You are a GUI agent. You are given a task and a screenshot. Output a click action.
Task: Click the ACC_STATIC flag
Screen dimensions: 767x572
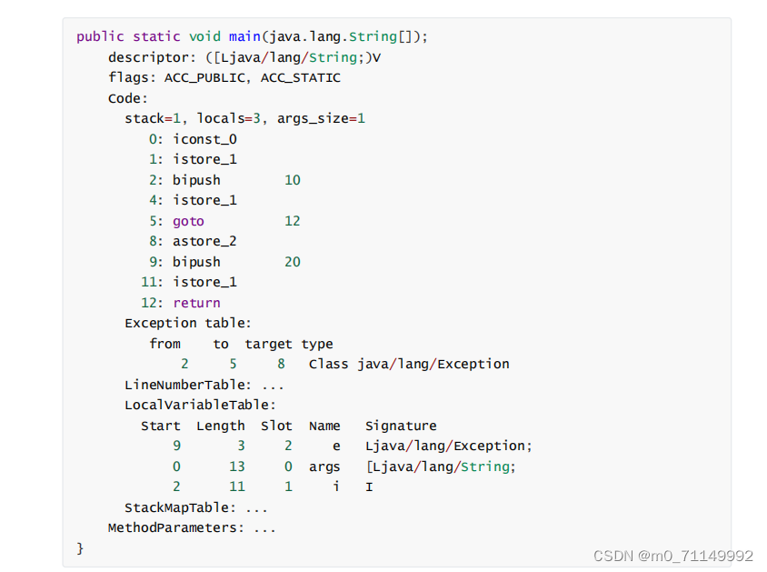tap(301, 77)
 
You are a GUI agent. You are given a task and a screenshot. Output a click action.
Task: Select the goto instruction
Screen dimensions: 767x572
tap(188, 221)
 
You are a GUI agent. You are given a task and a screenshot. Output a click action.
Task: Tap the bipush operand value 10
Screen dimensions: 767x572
tap(292, 180)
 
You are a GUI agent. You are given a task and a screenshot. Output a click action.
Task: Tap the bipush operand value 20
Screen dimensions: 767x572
tap(292, 262)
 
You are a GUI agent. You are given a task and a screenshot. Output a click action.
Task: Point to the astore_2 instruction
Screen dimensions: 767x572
tap(204, 241)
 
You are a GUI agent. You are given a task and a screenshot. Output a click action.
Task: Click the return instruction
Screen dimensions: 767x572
tap(196, 303)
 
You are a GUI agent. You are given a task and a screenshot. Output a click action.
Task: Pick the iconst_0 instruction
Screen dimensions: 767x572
tap(204, 139)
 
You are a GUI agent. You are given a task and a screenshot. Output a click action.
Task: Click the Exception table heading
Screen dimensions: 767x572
tap(187, 323)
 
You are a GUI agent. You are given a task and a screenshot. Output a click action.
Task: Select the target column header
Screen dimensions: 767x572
tap(268, 344)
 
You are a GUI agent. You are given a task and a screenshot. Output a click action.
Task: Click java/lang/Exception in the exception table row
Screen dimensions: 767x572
tap(433, 364)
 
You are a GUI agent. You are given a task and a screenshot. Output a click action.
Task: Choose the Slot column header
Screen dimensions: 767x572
tap(276, 426)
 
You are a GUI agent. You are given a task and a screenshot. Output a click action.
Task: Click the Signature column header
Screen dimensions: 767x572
tap(401, 426)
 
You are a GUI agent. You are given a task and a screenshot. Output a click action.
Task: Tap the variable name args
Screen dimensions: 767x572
tap(324, 467)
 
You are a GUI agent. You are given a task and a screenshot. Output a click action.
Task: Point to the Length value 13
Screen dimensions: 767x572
tap(236, 467)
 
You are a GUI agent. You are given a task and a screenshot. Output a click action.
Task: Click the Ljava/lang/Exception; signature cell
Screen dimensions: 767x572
tap(449, 446)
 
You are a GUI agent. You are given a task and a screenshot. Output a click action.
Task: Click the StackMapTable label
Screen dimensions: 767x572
tap(180, 507)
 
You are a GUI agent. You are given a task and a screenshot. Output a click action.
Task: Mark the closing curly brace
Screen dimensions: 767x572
tap(80, 547)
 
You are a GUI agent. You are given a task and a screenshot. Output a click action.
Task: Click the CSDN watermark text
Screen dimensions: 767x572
tap(672, 556)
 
